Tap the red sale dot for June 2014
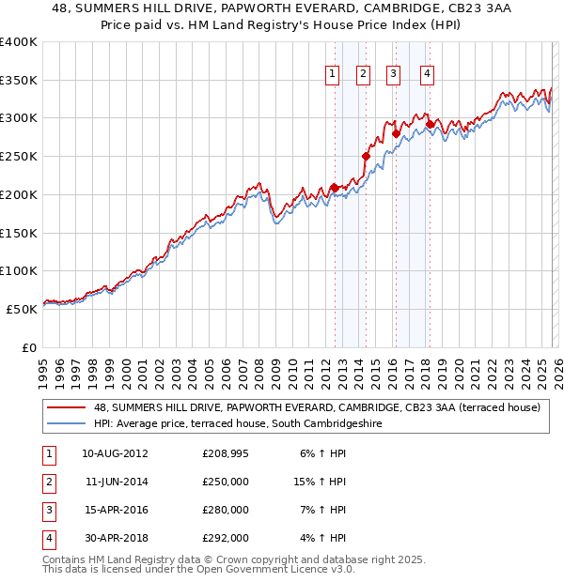(366, 156)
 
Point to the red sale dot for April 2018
(430, 124)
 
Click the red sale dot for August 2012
(335, 188)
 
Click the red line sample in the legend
(66, 407)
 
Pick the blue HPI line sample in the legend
(66, 423)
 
